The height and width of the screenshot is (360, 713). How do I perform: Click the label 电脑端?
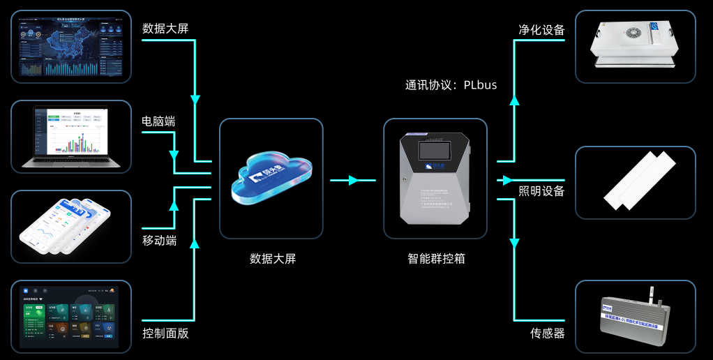pyautogui.click(x=158, y=121)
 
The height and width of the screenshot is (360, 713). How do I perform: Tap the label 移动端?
pyautogui.click(x=158, y=241)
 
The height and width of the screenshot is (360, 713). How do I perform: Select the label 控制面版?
pyautogui.click(x=165, y=333)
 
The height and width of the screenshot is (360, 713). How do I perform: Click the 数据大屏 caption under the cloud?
pyautogui.click(x=273, y=259)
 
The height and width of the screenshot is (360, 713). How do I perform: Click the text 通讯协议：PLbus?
pyautogui.click(x=451, y=85)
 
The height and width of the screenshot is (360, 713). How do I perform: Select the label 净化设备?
pyautogui.click(x=541, y=30)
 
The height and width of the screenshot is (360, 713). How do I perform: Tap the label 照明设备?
pyautogui.click(x=541, y=191)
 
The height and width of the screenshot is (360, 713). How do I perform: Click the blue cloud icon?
pyautogui.click(x=271, y=179)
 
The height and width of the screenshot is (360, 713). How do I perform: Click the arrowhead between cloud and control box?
pyautogui.click(x=353, y=181)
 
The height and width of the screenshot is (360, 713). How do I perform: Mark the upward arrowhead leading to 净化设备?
pyautogui.click(x=515, y=100)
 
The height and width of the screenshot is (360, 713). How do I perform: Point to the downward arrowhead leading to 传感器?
pyautogui.click(x=515, y=243)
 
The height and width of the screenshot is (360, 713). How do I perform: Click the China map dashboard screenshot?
pyautogui.click(x=72, y=46)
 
